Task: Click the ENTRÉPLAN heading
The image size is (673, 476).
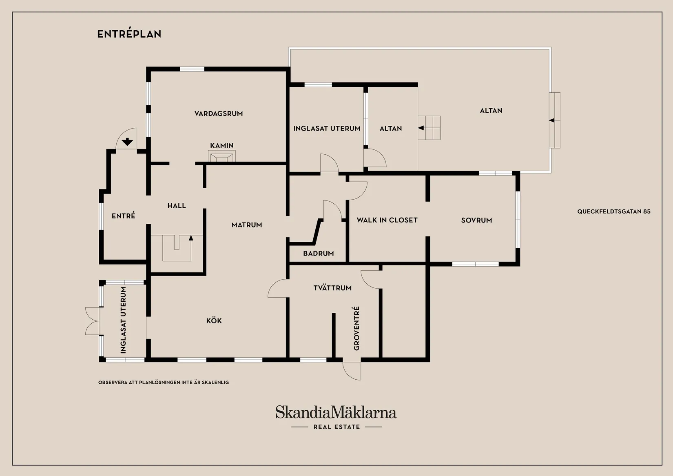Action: pos(129,33)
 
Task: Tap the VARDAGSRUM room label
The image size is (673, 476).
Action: pos(219,113)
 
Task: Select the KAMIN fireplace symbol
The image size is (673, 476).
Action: pos(222,156)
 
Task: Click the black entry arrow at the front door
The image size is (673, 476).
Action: pos(127,142)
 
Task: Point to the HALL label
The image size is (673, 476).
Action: pos(177,206)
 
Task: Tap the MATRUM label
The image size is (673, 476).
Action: pos(247,225)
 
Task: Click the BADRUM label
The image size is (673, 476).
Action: pos(319,254)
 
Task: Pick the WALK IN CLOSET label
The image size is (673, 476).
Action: pos(387,220)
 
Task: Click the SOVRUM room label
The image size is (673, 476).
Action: pos(476,220)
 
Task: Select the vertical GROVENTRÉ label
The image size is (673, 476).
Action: pos(356,328)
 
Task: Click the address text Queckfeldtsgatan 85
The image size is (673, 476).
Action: pos(614,211)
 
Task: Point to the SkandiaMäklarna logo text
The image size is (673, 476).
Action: pos(336,412)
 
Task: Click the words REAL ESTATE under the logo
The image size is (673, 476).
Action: pos(336,427)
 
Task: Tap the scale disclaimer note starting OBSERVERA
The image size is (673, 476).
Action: pos(164,383)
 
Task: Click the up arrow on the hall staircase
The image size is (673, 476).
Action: pos(191,238)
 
